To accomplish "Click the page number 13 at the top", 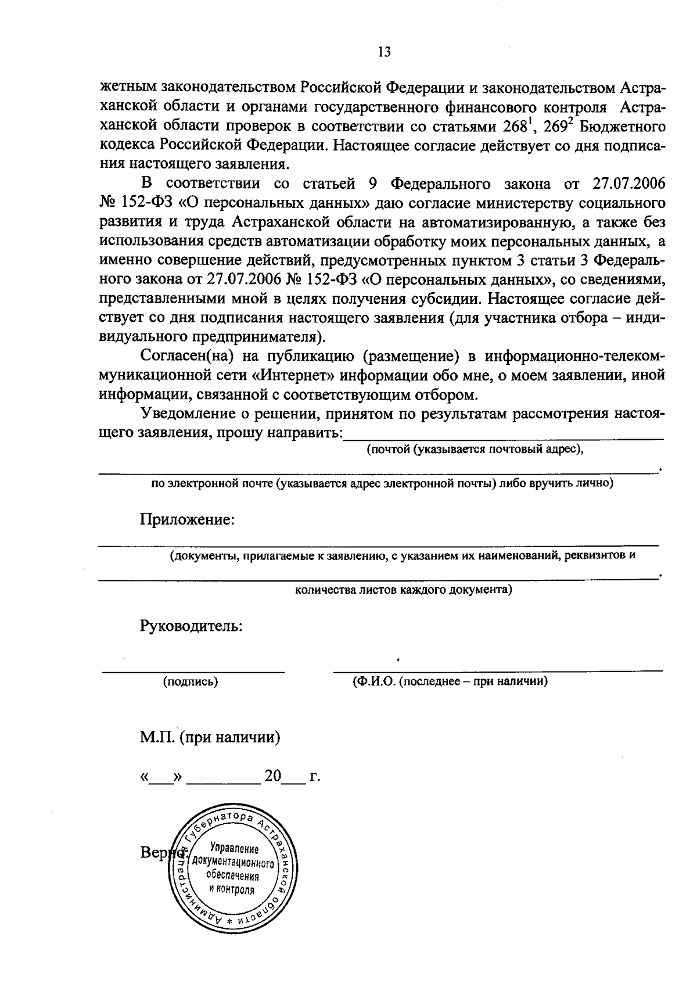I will coord(384,52).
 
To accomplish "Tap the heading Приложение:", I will coord(187,519).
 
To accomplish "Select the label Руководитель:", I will coord(191,626).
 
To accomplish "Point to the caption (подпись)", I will coord(191,682).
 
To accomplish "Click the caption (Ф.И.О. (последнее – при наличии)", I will coord(450,681).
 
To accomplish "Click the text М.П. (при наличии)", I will coord(210,738).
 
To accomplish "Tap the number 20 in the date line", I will coord(273,776).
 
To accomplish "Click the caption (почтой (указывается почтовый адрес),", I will coord(475,449).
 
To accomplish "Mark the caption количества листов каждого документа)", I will coord(403,590).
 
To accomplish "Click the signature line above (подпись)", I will coord(193,671).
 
